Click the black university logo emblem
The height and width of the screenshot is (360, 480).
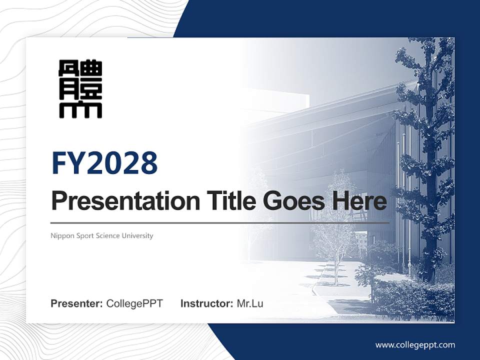(80, 89)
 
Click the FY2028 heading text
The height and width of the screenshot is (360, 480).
(104, 163)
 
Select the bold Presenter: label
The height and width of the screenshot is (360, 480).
(77, 303)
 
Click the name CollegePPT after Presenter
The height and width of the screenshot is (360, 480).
(134, 303)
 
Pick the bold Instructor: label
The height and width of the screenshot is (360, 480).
(206, 303)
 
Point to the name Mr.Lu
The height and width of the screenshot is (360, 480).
(250, 303)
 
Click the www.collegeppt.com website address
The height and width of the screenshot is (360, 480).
(415, 345)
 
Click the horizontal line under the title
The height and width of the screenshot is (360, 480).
(220, 222)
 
